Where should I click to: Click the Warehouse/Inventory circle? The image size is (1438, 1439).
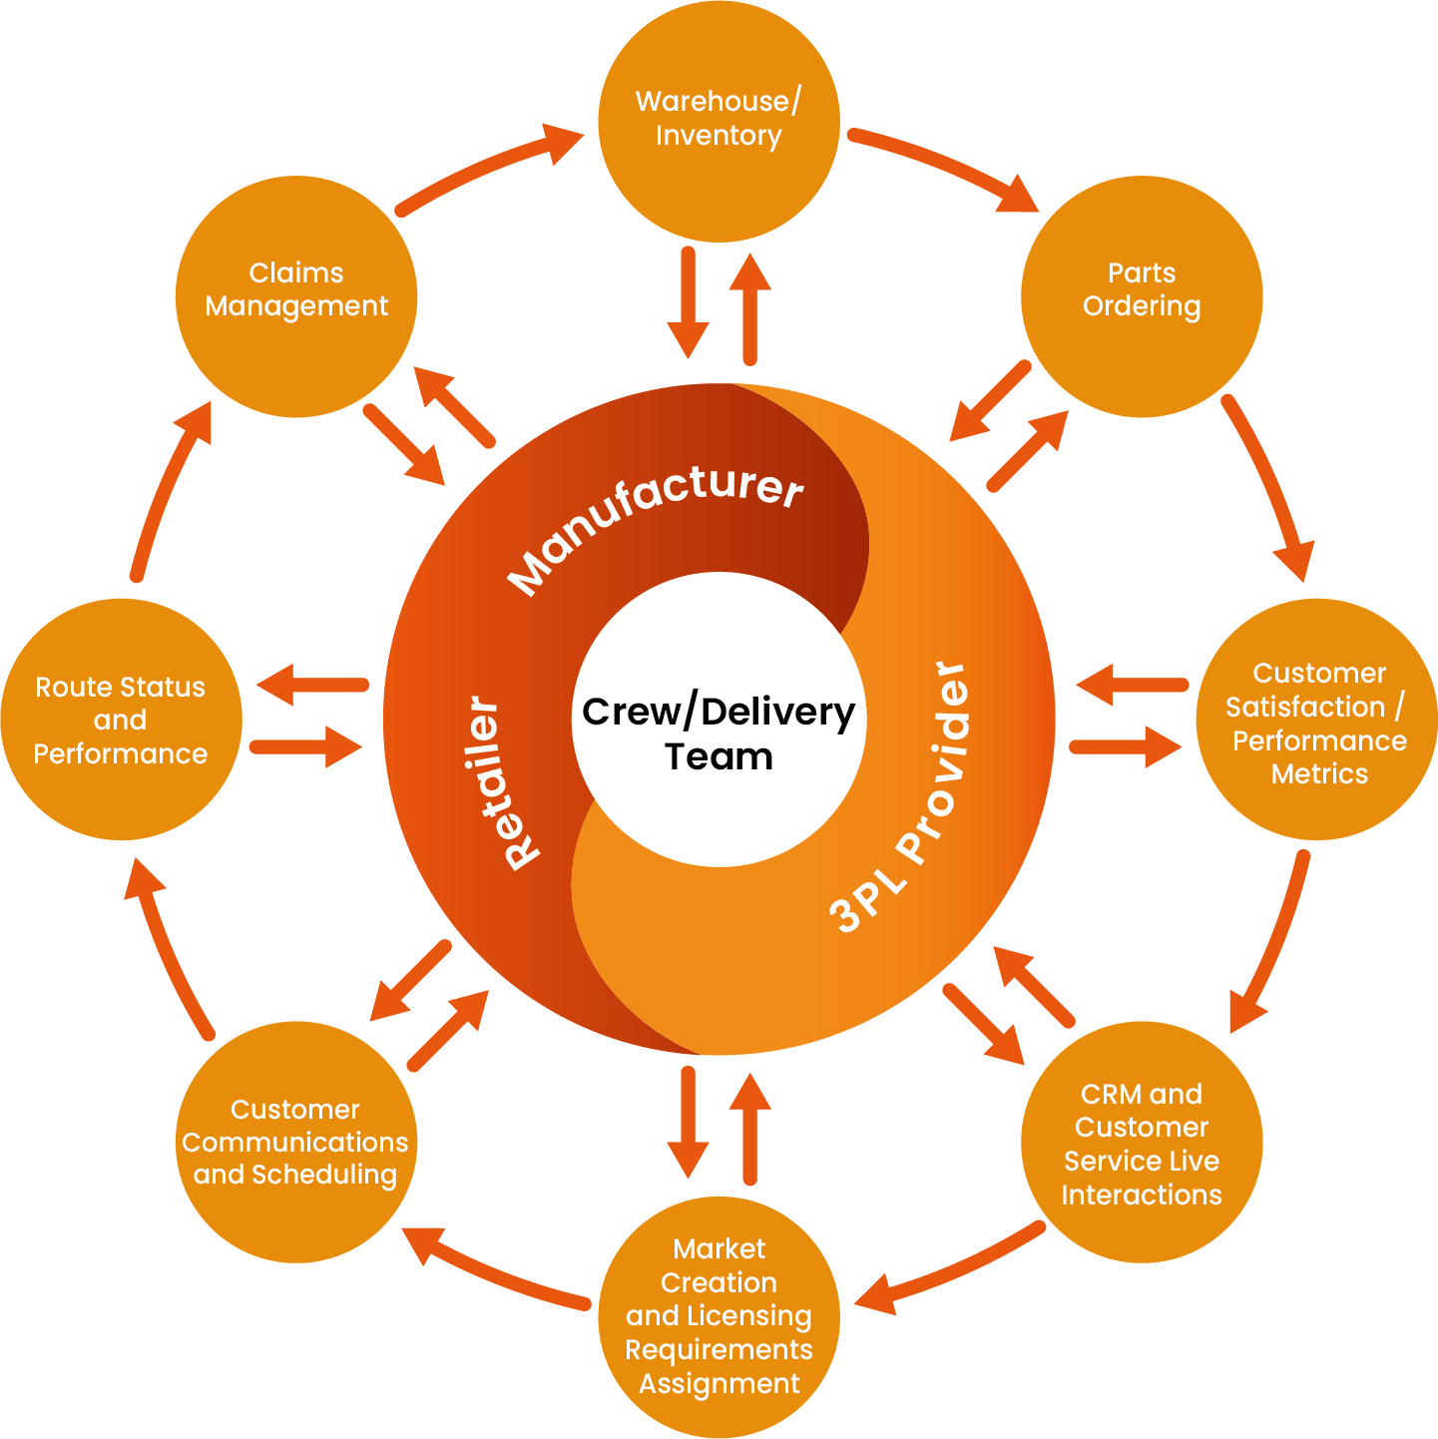click(719, 120)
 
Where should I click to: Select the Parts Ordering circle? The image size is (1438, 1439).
click(1142, 295)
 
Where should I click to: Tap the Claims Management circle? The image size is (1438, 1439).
click(296, 295)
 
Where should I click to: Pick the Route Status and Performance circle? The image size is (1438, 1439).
click(121, 719)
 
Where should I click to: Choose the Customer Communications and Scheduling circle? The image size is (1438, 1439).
click(296, 1142)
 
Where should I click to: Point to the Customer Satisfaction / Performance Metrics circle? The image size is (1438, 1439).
click(1317, 719)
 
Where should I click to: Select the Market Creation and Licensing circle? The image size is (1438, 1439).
click(719, 1317)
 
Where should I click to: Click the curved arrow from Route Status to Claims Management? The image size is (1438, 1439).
click(165, 489)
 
